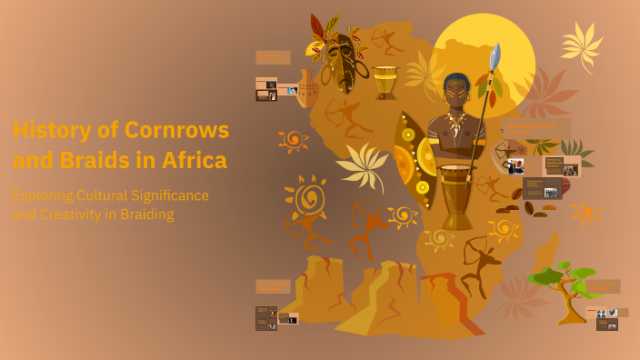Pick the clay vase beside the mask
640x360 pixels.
(308, 90)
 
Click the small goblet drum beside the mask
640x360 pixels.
(385, 81)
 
